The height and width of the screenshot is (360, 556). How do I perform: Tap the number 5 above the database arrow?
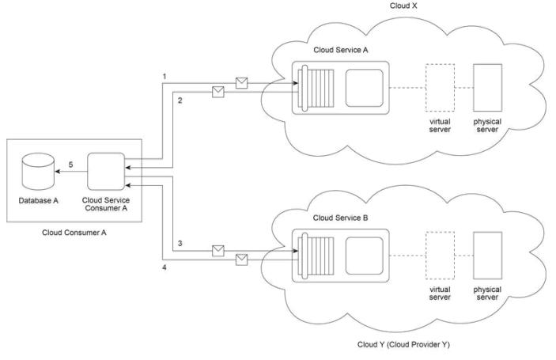click(70, 164)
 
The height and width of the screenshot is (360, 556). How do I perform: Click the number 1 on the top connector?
click(164, 76)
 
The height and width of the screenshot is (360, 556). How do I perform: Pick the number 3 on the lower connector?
click(180, 243)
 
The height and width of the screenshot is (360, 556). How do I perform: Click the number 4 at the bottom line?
click(165, 269)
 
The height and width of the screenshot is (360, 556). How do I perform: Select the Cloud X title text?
click(403, 6)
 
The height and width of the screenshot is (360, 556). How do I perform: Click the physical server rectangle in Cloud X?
click(486, 87)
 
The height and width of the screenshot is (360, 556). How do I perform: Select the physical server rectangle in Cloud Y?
click(486, 253)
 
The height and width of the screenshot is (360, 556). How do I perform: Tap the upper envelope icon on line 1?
click(242, 81)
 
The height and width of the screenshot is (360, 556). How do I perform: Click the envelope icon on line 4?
click(242, 259)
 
